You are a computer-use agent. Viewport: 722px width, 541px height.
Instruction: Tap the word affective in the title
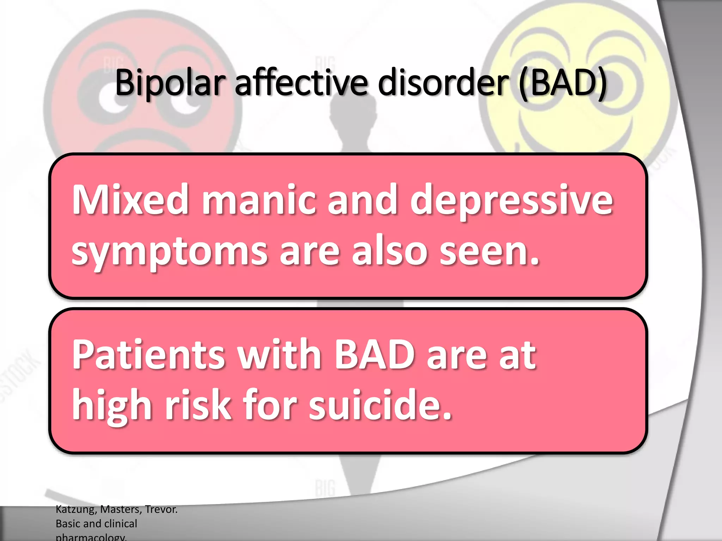click(x=301, y=83)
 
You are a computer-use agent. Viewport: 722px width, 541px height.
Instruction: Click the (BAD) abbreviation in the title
click(x=563, y=83)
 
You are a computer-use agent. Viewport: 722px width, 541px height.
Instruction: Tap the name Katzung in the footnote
click(x=76, y=509)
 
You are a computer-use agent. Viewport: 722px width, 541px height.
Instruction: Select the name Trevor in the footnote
click(x=161, y=509)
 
